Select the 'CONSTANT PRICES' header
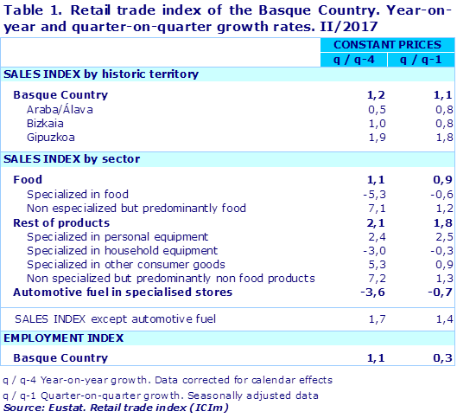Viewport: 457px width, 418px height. click(x=389, y=43)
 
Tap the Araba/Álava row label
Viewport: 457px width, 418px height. click(x=60, y=110)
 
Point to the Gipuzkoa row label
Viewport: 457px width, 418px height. click(x=54, y=138)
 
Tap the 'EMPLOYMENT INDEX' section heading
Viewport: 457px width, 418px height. click(x=64, y=338)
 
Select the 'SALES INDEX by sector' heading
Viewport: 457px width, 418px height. click(x=72, y=159)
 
